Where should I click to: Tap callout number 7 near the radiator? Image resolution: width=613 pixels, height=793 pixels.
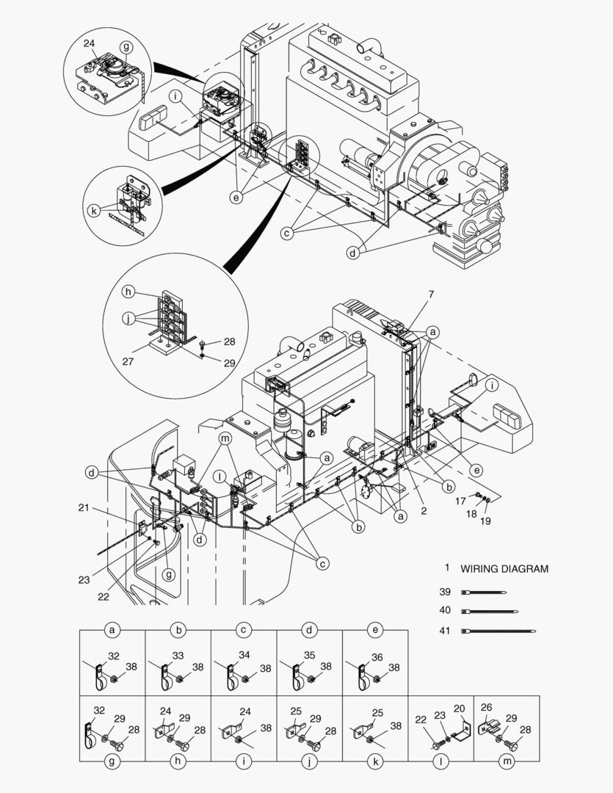[431, 294]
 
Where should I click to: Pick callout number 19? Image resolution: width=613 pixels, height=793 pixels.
[485, 521]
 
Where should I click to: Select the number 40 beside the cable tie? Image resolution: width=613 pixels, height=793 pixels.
[445, 611]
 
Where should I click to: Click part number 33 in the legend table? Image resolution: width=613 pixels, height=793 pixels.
[178, 655]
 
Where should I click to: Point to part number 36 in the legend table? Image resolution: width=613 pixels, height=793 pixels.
[377, 657]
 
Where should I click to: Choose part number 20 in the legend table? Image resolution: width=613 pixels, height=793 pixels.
[460, 709]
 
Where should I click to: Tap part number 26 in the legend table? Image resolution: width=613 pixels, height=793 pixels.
[486, 708]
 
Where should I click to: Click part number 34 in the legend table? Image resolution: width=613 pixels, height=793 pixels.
[244, 655]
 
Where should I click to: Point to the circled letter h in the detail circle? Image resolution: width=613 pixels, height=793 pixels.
[128, 292]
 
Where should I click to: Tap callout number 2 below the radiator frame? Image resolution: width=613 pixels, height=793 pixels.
[424, 508]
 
